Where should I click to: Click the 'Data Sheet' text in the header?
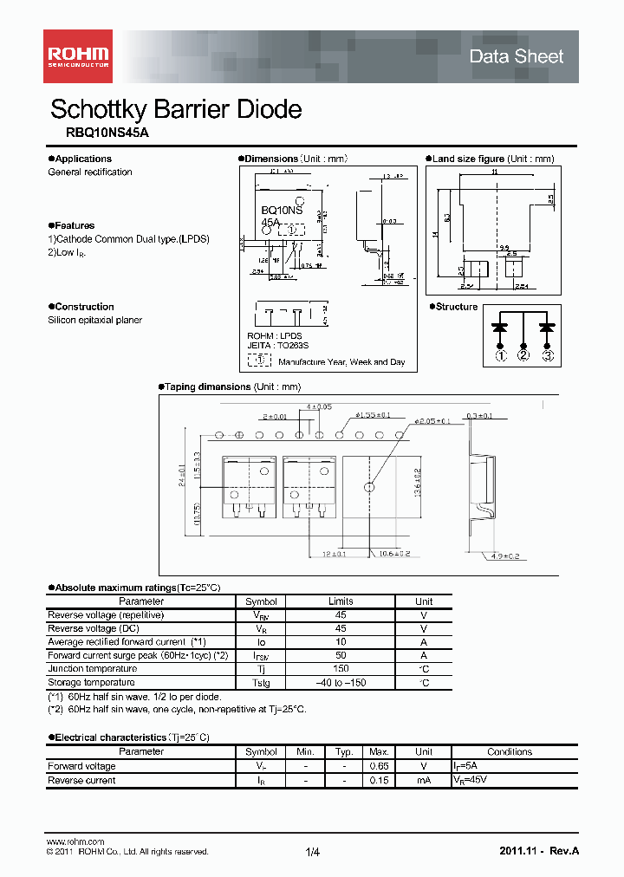(516, 56)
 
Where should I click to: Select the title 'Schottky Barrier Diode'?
(176, 109)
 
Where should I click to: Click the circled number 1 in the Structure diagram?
(500, 354)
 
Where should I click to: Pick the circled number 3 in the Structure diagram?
(547, 354)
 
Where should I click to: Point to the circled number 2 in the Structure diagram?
(523, 354)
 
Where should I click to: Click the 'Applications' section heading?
(83, 159)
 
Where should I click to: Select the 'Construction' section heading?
(84, 307)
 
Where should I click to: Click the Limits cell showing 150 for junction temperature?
(341, 669)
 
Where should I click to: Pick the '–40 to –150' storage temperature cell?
(341, 683)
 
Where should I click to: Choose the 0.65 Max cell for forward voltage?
(379, 766)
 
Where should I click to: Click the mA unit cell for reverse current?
(423, 780)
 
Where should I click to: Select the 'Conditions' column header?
(510, 752)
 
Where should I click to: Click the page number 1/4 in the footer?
(313, 853)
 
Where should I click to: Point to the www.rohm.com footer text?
(75, 841)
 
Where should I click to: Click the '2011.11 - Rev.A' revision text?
(539, 851)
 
